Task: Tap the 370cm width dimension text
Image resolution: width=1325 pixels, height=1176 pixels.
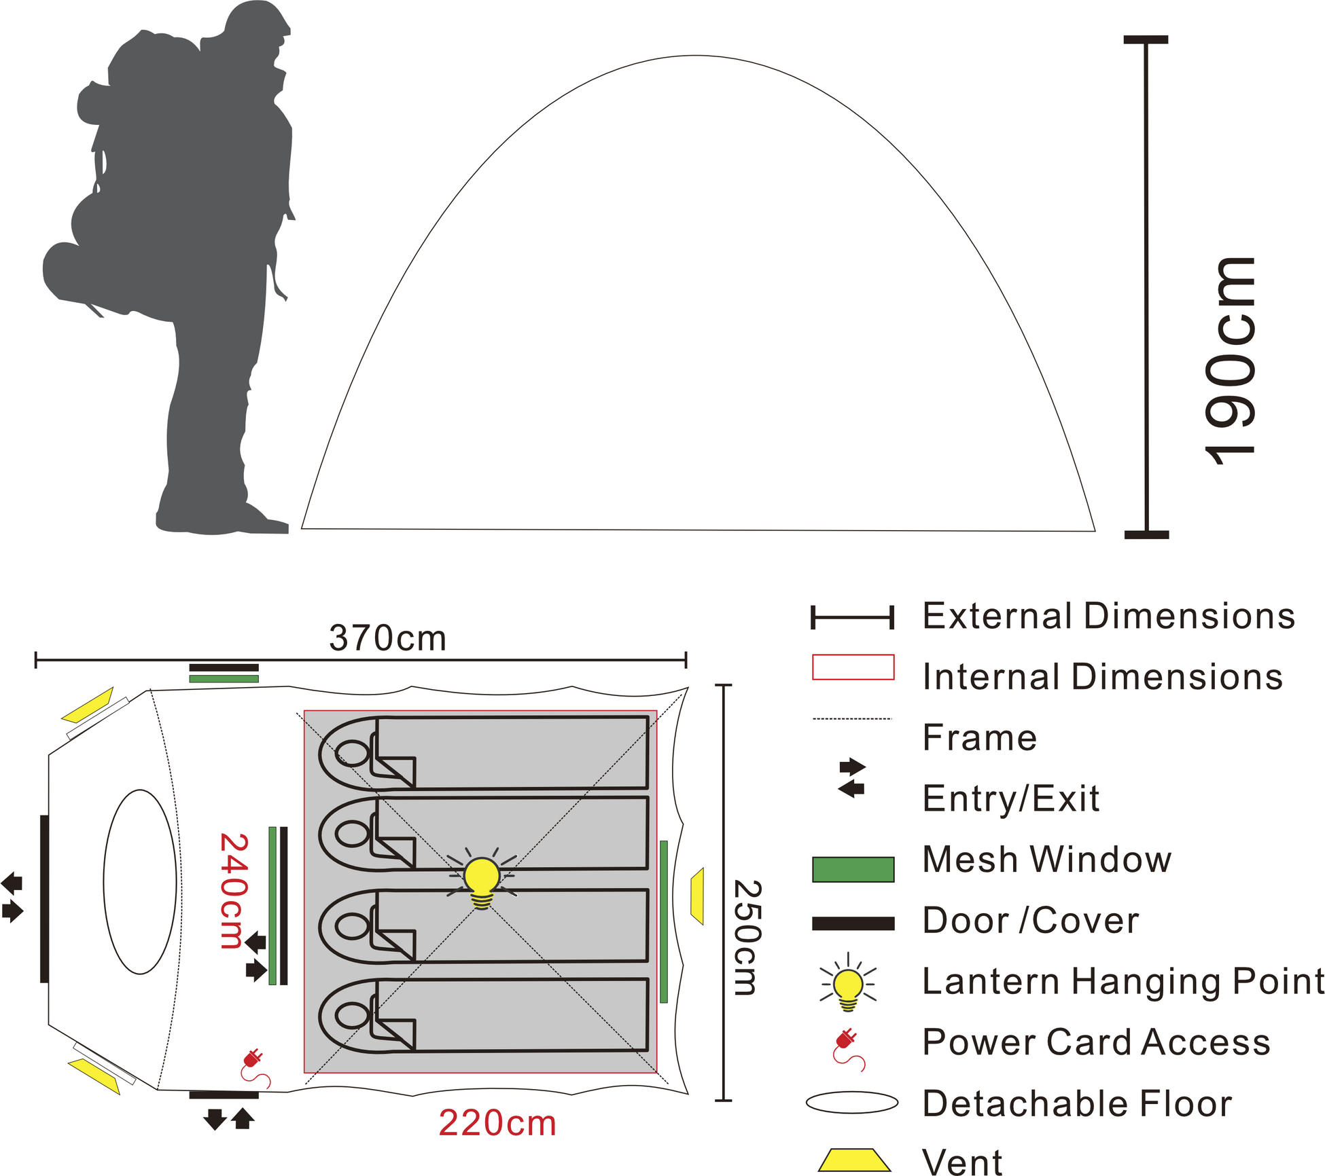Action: tap(387, 638)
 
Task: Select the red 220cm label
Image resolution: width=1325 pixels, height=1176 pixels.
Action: tap(497, 1123)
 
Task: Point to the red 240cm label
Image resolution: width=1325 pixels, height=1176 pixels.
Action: tap(233, 891)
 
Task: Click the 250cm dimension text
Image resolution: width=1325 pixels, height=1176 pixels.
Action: tap(748, 938)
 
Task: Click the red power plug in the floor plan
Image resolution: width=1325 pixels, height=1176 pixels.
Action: tap(253, 1059)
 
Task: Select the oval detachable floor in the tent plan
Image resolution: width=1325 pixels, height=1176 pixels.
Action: tap(140, 882)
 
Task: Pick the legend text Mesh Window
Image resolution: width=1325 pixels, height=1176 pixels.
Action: tap(1046, 860)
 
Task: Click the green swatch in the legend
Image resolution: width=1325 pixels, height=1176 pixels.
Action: tap(853, 869)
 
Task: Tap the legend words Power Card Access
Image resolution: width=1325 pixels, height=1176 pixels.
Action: tap(1096, 1042)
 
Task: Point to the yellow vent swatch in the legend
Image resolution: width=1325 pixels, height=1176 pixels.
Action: tap(854, 1160)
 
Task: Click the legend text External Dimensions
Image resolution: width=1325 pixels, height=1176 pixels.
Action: tap(1108, 616)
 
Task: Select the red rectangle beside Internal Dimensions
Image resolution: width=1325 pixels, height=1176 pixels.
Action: tap(853, 667)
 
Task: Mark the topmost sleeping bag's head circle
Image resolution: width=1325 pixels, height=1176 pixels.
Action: tap(352, 752)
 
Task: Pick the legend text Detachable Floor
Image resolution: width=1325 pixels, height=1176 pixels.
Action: tap(1076, 1103)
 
